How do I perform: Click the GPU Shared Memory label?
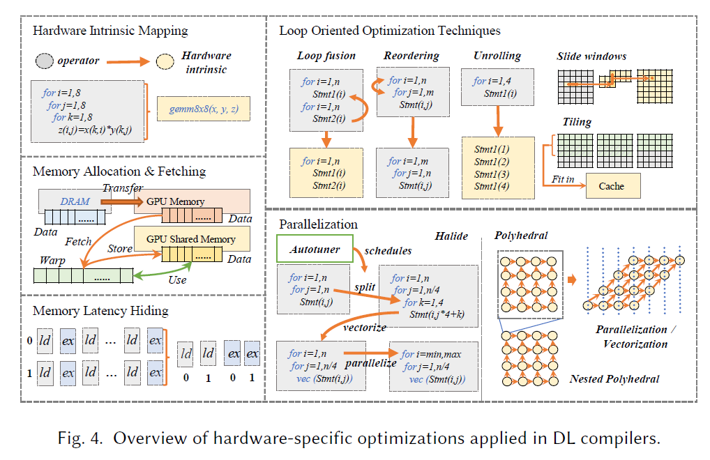191,239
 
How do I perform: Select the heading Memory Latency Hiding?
100,311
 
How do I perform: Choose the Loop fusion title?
326,56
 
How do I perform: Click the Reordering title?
411,56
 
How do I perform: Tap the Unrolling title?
497,56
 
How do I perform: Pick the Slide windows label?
591,56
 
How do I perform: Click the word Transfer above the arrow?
123,188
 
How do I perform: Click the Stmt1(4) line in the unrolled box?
491,186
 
